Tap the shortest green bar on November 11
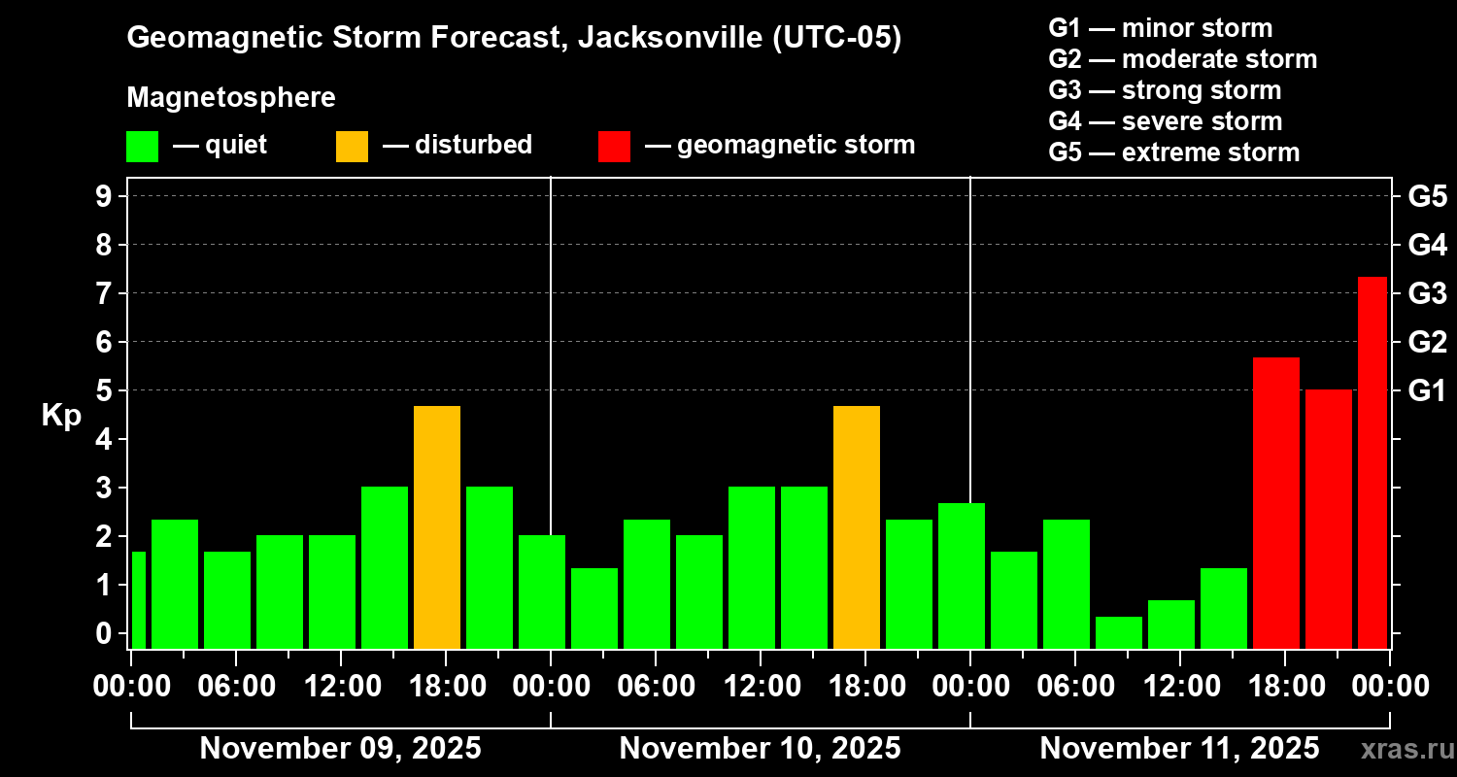(x=1119, y=632)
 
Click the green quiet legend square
(x=142, y=147)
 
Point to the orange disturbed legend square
(x=352, y=147)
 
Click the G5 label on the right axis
(x=1427, y=196)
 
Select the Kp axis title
(x=61, y=416)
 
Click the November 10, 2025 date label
(x=760, y=749)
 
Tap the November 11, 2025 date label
(x=1179, y=749)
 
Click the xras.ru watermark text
(x=1404, y=750)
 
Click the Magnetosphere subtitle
(x=231, y=98)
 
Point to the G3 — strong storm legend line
(x=1165, y=90)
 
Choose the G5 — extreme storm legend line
(x=1173, y=152)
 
